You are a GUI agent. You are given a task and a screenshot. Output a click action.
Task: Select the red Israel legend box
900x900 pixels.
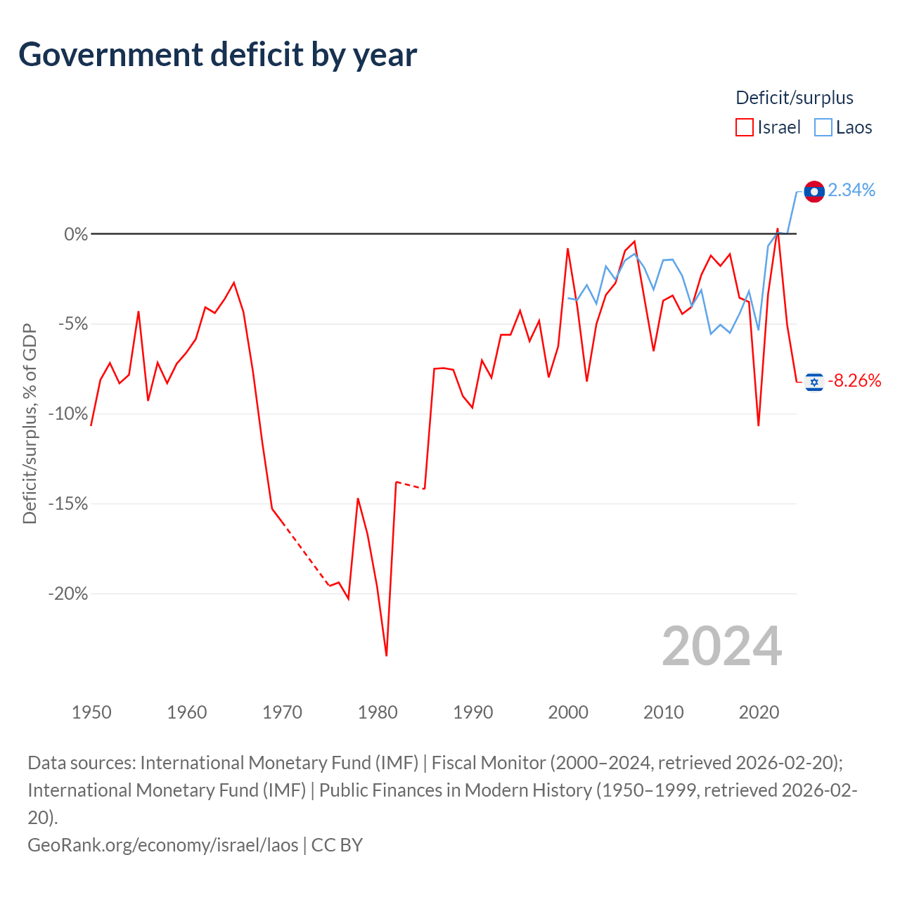click(744, 127)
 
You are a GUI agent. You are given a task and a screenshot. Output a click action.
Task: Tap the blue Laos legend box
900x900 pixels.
click(823, 127)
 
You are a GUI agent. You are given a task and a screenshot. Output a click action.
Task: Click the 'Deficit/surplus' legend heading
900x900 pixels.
click(794, 98)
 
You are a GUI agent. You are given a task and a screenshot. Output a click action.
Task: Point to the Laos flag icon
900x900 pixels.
click(814, 191)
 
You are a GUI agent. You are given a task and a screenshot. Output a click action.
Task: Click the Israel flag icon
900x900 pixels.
click(814, 382)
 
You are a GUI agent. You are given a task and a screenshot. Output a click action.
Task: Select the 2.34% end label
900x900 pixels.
click(851, 191)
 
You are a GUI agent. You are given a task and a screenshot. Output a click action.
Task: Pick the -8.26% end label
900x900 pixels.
click(854, 381)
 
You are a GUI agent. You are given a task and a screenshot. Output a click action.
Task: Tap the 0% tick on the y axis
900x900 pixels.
click(76, 234)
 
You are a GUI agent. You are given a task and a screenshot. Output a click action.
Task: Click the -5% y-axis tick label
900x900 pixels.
click(73, 323)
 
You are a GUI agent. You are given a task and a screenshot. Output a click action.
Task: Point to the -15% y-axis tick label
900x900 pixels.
click(68, 504)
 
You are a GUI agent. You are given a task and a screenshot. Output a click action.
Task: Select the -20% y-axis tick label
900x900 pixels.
click(68, 594)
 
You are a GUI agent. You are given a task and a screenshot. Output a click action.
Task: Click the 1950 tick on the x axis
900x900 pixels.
click(91, 713)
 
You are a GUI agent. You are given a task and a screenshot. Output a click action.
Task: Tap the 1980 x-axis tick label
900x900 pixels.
click(378, 713)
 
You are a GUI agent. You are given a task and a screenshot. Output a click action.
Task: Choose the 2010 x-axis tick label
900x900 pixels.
click(663, 713)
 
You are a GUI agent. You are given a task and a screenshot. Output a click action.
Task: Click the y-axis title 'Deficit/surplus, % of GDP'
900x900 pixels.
click(30, 423)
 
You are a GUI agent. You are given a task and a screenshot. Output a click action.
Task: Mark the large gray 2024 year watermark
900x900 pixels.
click(721, 647)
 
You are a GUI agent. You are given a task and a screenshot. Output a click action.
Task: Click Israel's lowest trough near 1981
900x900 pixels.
click(386, 655)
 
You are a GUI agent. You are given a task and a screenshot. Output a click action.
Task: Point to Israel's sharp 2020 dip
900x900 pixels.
click(758, 425)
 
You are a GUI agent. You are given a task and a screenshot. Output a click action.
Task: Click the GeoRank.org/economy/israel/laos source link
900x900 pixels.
click(163, 845)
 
